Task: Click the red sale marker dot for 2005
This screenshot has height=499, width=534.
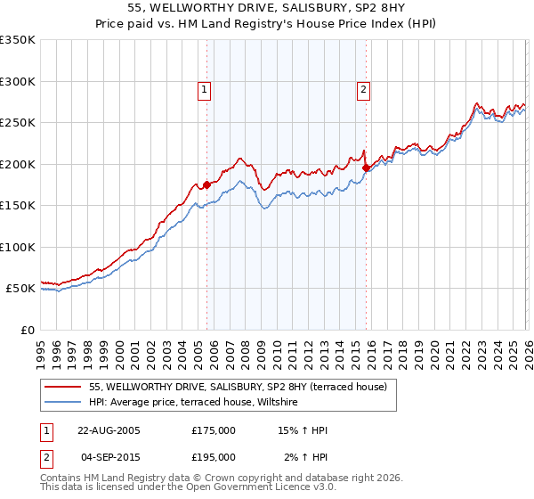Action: (x=207, y=185)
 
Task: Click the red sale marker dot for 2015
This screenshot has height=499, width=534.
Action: (x=366, y=167)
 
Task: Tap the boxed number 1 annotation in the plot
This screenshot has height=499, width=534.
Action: (x=205, y=89)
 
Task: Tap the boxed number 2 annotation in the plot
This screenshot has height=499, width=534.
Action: (x=364, y=89)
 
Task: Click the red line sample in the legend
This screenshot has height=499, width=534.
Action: (x=64, y=388)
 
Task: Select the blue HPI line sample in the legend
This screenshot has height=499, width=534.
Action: (x=64, y=404)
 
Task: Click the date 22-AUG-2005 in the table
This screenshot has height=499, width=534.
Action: (x=108, y=430)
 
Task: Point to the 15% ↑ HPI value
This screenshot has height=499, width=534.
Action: (x=303, y=430)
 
